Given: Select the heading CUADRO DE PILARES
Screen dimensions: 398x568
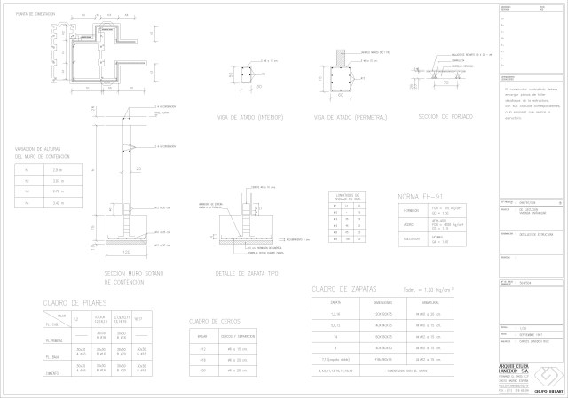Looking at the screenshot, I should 82,304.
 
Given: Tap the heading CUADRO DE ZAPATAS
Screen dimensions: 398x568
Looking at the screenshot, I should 345,289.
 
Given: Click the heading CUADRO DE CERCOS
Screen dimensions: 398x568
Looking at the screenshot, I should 216,320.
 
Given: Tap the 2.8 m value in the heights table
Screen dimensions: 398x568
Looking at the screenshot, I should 58,170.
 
